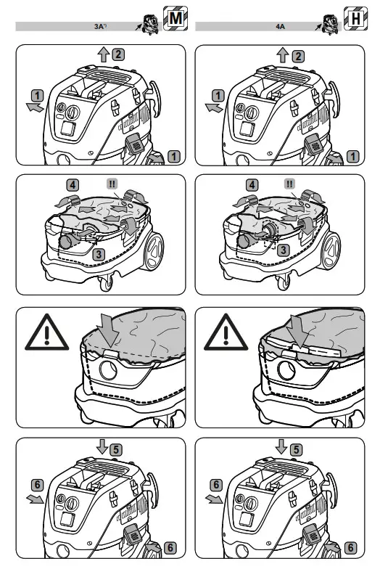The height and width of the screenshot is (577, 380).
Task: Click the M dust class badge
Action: [175, 18]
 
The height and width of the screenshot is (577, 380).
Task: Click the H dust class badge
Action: [355, 18]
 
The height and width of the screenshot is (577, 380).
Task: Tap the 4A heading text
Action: [281, 27]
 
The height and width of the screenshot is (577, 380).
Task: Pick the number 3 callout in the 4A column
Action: [286, 249]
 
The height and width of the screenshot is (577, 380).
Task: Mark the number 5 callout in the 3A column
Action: [116, 449]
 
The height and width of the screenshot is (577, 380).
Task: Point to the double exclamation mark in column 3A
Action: [112, 184]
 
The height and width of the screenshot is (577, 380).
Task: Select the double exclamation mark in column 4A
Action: [290, 184]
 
